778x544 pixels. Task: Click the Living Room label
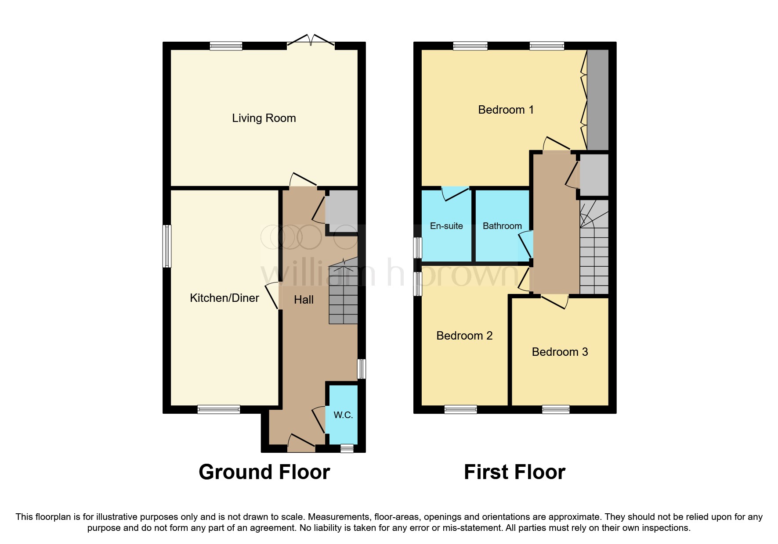(x=264, y=118)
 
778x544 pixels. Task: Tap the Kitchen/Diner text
(x=224, y=298)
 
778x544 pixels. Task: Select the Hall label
(x=304, y=300)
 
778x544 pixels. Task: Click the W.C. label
(x=343, y=415)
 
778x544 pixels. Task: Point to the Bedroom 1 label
(x=506, y=110)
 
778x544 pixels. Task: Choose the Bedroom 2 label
(x=464, y=336)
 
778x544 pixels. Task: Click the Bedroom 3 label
(x=560, y=352)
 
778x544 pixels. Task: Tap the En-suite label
(x=446, y=226)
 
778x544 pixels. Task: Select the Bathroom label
(x=502, y=226)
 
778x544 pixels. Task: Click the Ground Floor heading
(x=264, y=472)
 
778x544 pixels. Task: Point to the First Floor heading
(x=514, y=472)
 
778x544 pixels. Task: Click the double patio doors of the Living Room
(x=311, y=40)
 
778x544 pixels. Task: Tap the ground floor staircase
(x=344, y=291)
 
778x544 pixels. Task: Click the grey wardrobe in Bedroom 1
(x=598, y=100)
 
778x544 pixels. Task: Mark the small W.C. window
(x=347, y=448)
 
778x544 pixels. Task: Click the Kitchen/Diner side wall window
(x=167, y=246)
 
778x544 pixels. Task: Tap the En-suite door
(x=456, y=193)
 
